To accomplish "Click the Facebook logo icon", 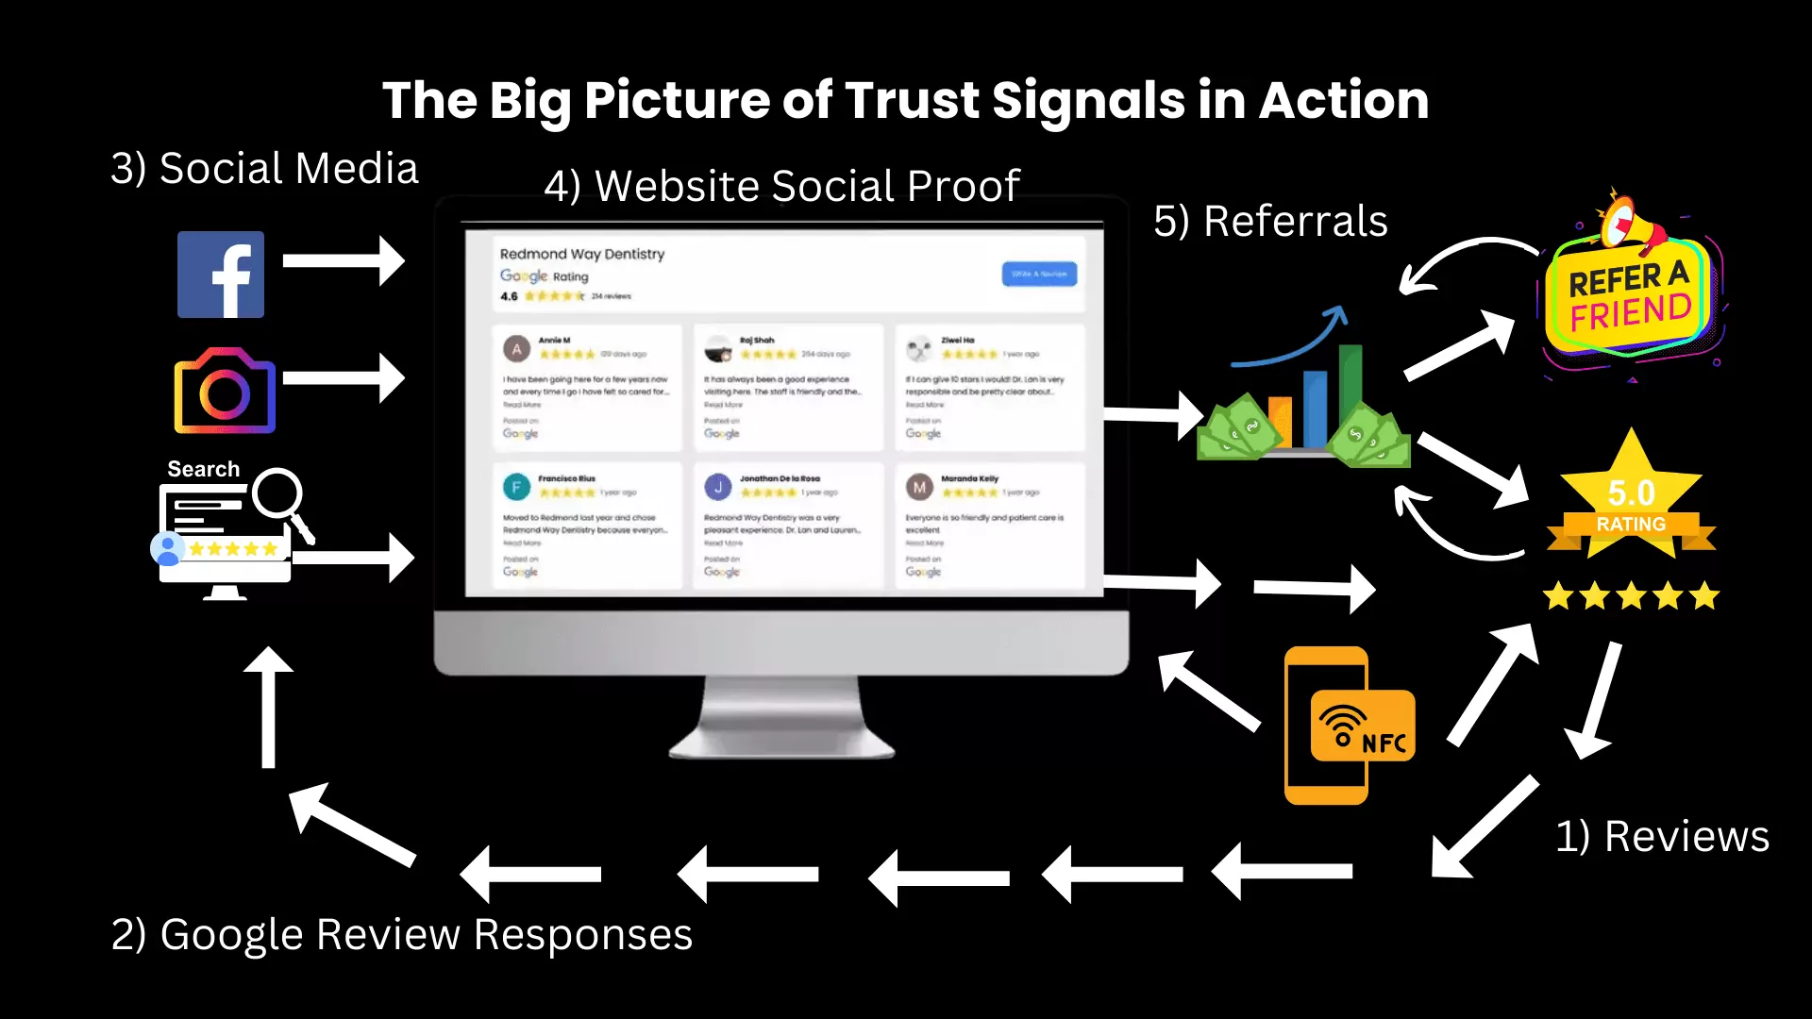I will (221, 275).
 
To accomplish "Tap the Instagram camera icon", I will (225, 391).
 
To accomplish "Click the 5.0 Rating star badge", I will (1631, 500).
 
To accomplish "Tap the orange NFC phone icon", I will (1348, 726).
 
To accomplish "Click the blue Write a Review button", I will (1039, 274).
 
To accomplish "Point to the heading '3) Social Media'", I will (264, 169).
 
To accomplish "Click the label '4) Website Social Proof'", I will (781, 186).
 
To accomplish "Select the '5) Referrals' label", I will (1270, 222).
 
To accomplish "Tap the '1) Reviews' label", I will (1662, 837).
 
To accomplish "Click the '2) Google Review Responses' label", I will (402, 935).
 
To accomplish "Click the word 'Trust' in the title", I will (912, 100).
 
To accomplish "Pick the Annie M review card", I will (587, 387).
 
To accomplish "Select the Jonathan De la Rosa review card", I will (788, 525).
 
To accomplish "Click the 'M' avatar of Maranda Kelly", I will (919, 487).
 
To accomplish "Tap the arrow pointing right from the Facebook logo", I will (344, 261).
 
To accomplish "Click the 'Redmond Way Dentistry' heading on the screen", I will (582, 254).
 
